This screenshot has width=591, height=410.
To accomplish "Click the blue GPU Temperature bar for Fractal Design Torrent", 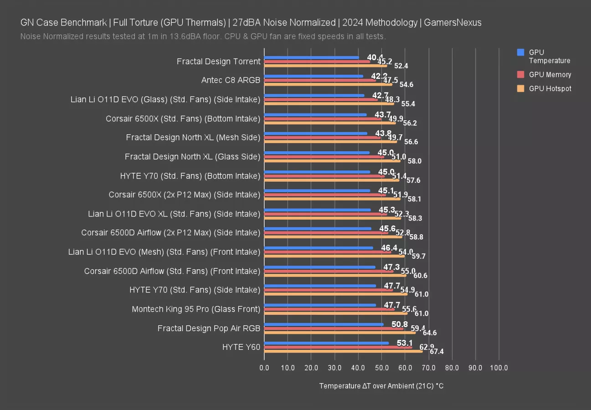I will [312, 57].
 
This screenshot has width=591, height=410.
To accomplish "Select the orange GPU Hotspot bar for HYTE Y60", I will [343, 351].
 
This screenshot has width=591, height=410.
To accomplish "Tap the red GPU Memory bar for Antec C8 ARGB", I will [320, 80].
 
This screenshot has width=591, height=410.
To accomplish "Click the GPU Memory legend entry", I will [550, 75].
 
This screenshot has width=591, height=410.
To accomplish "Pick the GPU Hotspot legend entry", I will [550, 89].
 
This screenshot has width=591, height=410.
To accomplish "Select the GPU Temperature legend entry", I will [549, 56].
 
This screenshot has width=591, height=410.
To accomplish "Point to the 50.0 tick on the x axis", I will [381, 368].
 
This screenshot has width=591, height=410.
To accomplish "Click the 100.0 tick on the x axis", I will [498, 368].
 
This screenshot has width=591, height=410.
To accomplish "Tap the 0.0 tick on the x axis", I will [264, 368].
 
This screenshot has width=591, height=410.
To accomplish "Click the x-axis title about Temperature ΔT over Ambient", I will [381, 386].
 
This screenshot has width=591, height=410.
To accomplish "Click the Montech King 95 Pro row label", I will [196, 309].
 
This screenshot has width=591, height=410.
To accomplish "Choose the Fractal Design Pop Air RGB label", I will [209, 328].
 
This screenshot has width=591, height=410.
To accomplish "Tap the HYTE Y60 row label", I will [241, 347].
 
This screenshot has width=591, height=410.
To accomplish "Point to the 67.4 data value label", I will [436, 351].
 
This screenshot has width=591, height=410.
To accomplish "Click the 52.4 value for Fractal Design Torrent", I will [401, 66].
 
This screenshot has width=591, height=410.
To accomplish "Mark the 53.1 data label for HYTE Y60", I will [405, 343].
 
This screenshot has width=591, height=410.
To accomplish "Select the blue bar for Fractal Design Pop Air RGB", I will [324, 324].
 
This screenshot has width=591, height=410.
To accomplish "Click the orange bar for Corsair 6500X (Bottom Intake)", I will [330, 123].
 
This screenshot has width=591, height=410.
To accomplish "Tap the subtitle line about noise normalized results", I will [203, 36].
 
